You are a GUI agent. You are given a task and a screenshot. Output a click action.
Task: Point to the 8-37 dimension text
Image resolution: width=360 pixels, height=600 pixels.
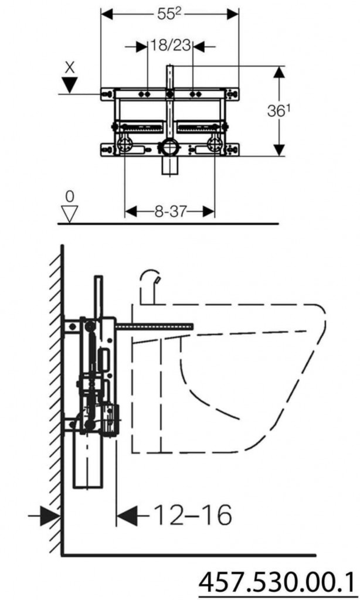point(169,212)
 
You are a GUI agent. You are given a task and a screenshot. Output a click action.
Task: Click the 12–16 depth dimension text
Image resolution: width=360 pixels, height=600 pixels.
point(192,516)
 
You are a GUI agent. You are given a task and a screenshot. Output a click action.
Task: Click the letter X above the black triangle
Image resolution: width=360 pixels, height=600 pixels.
point(70,67)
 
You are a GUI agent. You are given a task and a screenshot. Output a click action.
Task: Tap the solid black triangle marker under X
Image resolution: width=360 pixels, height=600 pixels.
point(70,85)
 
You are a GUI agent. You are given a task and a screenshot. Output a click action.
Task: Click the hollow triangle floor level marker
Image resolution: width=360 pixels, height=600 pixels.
point(70,213)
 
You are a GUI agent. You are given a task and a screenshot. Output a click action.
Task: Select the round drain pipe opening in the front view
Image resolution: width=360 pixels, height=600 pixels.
point(170,147)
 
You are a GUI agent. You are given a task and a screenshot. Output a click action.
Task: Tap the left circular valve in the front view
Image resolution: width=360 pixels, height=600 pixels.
point(124,144)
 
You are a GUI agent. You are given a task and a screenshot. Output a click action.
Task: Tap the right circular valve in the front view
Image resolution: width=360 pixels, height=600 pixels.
point(215,144)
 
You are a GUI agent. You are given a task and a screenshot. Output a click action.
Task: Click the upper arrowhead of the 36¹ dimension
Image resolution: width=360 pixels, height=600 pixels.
point(280,73)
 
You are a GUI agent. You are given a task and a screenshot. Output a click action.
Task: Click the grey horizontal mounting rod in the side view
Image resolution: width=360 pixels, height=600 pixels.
point(155,326)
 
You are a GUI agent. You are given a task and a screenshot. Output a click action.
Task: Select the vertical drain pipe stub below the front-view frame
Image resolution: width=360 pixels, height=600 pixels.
point(170,167)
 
